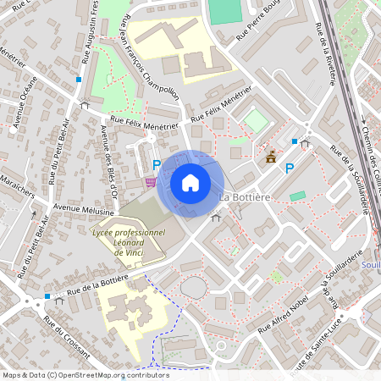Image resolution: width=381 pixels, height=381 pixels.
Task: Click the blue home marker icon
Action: click(190, 183)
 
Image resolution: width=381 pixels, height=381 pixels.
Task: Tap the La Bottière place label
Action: click(245, 197)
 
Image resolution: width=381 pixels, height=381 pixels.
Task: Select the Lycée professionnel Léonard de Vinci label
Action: click(128, 238)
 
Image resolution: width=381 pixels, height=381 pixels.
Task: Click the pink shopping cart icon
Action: click(150, 180)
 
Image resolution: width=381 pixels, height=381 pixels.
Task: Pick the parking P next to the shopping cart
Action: click(156, 165)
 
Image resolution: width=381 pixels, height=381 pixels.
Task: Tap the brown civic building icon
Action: click(271, 157)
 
